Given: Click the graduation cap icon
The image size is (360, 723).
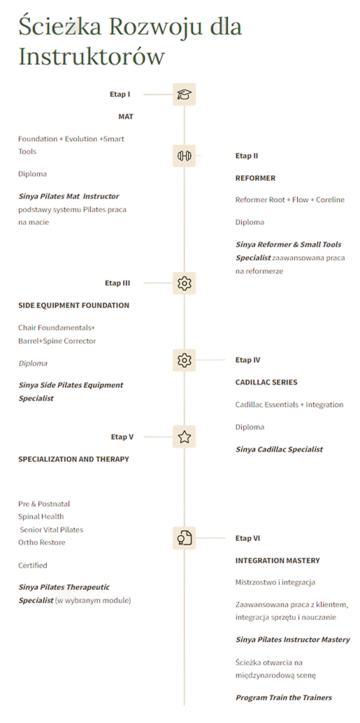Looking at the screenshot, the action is click(184, 94).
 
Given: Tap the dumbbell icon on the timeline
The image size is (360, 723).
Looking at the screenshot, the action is click(184, 156).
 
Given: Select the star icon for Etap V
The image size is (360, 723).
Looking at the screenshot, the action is click(185, 436).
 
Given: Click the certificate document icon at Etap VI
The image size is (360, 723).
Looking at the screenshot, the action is click(185, 538).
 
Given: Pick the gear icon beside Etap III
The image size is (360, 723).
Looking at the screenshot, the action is click(184, 283).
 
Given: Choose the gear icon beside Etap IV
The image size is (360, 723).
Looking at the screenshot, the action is click(184, 359).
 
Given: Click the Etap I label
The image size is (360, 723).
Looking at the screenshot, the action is click(120, 94).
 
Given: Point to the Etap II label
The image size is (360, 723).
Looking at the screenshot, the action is click(247, 156).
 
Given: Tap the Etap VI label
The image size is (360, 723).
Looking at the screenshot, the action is click(248, 538).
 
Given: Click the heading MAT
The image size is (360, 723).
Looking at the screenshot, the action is click(126, 117).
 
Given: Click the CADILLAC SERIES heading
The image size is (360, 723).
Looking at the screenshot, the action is click(266, 382).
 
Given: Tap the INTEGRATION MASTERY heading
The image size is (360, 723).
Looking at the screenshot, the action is click(278, 561).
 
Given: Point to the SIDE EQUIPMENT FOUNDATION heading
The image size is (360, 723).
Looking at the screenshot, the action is click(74, 306).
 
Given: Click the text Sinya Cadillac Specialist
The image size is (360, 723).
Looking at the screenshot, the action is click(280, 449).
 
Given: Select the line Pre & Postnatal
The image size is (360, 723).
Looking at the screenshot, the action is click(44, 504).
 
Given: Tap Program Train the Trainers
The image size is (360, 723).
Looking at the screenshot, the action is click(284, 698).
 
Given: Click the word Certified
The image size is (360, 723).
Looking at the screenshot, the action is click(33, 565).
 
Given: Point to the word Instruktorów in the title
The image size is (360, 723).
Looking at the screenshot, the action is click(92, 56).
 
